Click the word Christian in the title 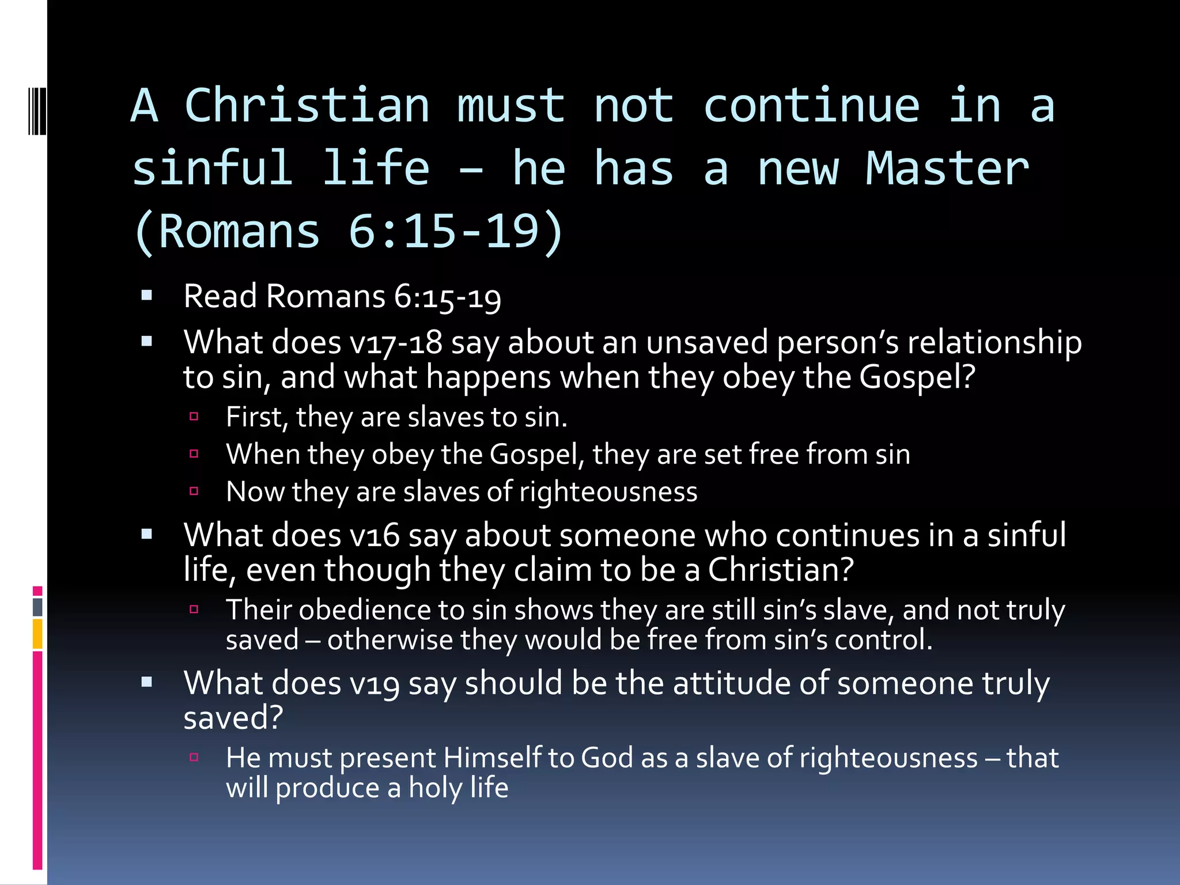307,106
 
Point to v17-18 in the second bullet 396,343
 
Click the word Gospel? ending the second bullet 917,377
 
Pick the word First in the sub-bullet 256,417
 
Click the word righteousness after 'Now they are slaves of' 608,492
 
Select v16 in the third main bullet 375,535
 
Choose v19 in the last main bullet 375,684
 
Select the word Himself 493,758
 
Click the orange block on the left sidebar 37,634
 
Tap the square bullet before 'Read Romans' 147,296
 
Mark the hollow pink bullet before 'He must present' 194,757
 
